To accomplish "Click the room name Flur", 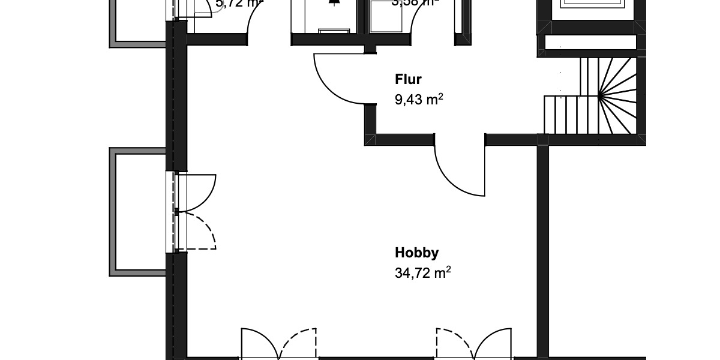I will point(408,80).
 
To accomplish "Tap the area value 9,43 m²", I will point(419,100).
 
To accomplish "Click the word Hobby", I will point(416,253).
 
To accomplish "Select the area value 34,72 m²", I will point(422,274).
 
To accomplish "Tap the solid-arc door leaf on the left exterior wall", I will point(198,192).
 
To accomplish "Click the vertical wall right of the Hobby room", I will point(542,252).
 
